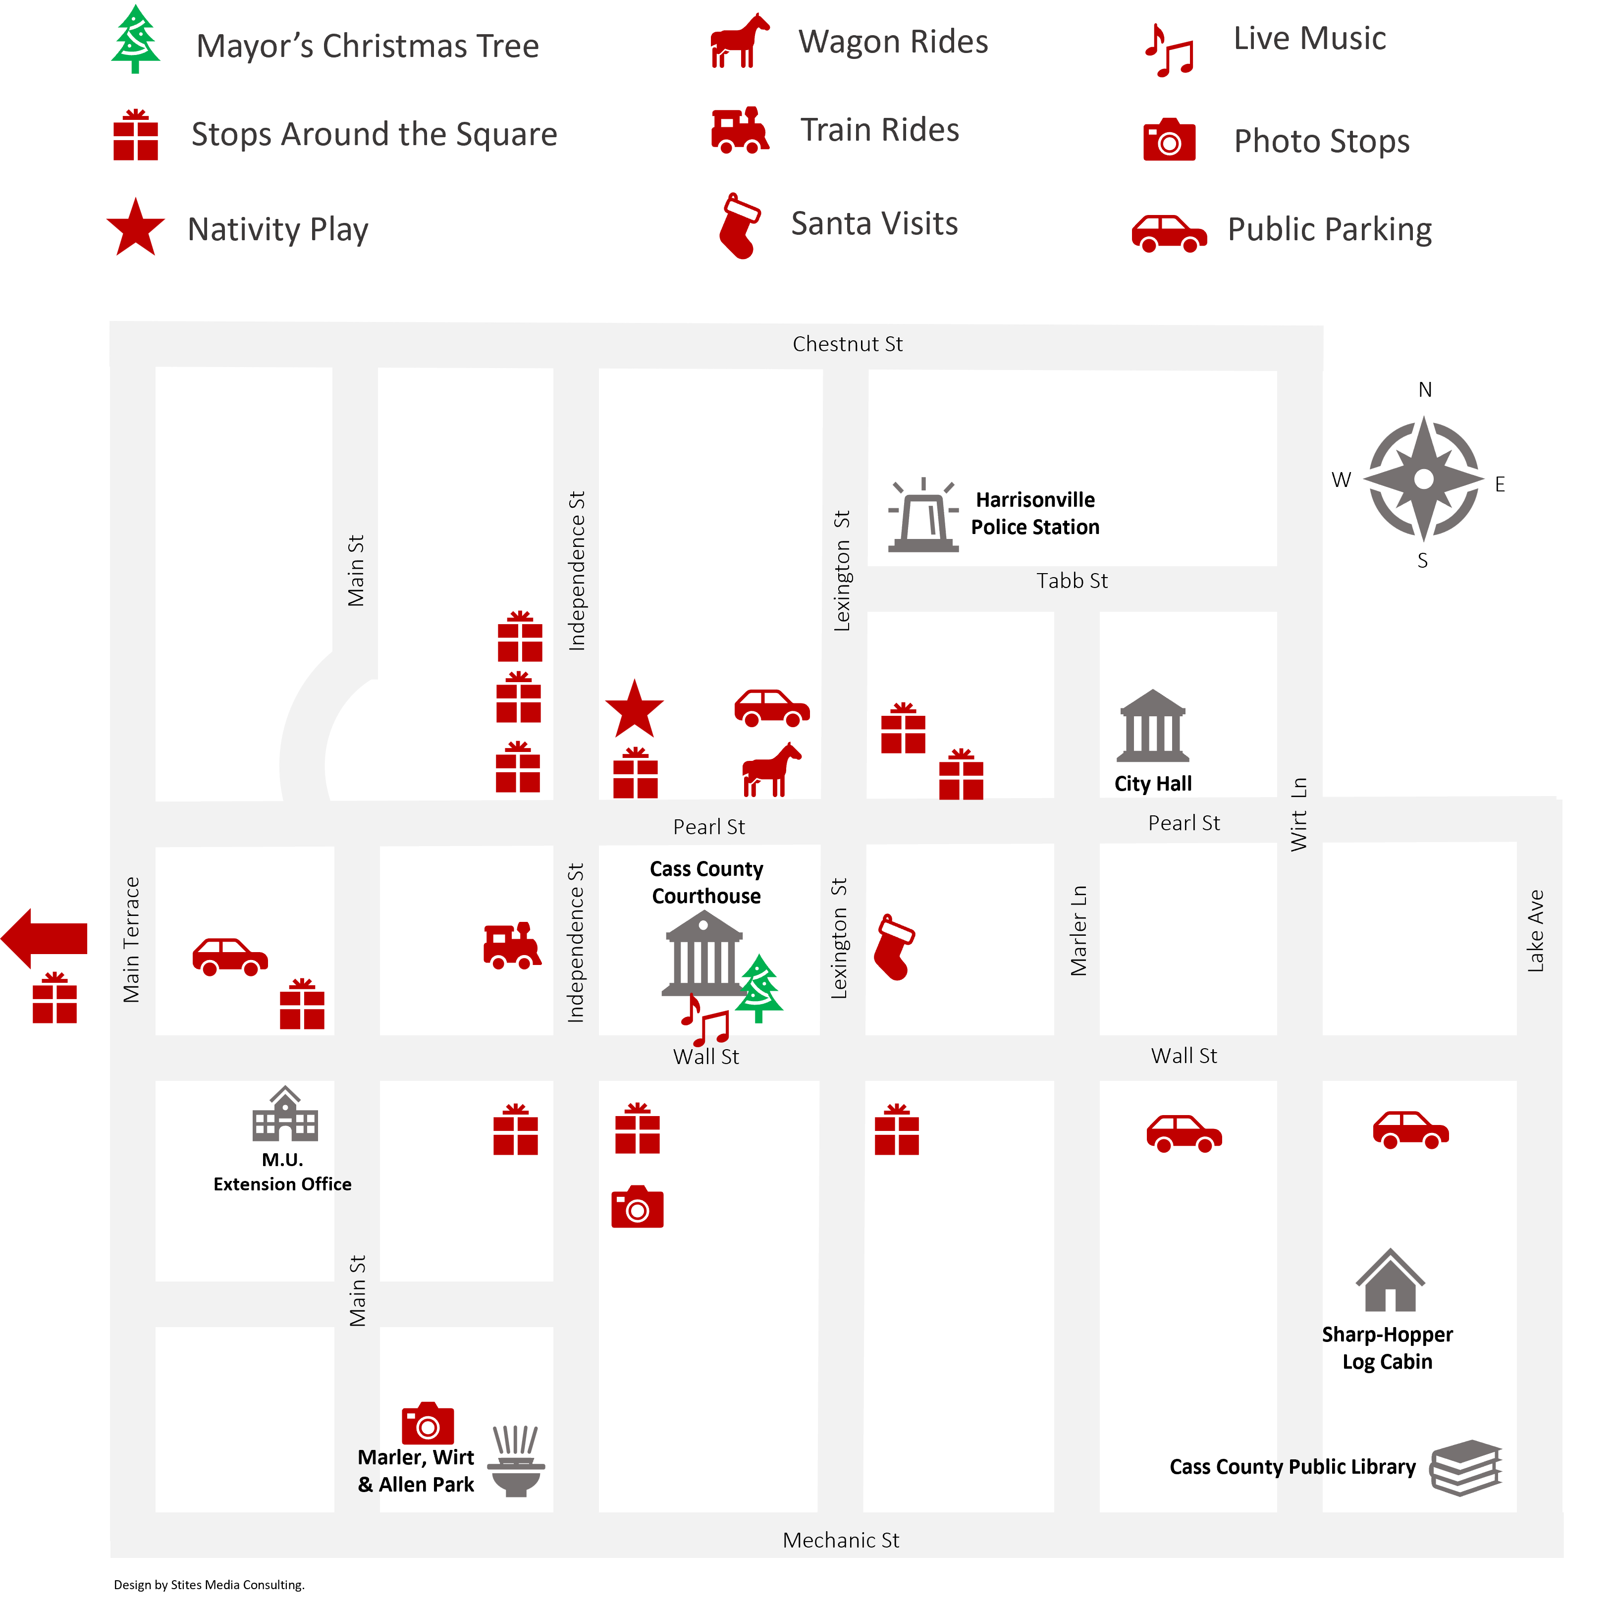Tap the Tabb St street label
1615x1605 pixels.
click(x=1072, y=581)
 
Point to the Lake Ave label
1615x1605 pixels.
click(x=1536, y=930)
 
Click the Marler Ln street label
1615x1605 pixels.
click(x=1079, y=930)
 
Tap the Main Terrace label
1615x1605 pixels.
click(x=131, y=940)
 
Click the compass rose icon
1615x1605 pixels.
click(x=1424, y=479)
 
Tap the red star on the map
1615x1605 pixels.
click(x=635, y=709)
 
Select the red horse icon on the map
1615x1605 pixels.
click(x=771, y=769)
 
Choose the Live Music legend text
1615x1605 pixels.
click(x=1310, y=39)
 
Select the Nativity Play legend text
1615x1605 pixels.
click(x=278, y=229)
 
